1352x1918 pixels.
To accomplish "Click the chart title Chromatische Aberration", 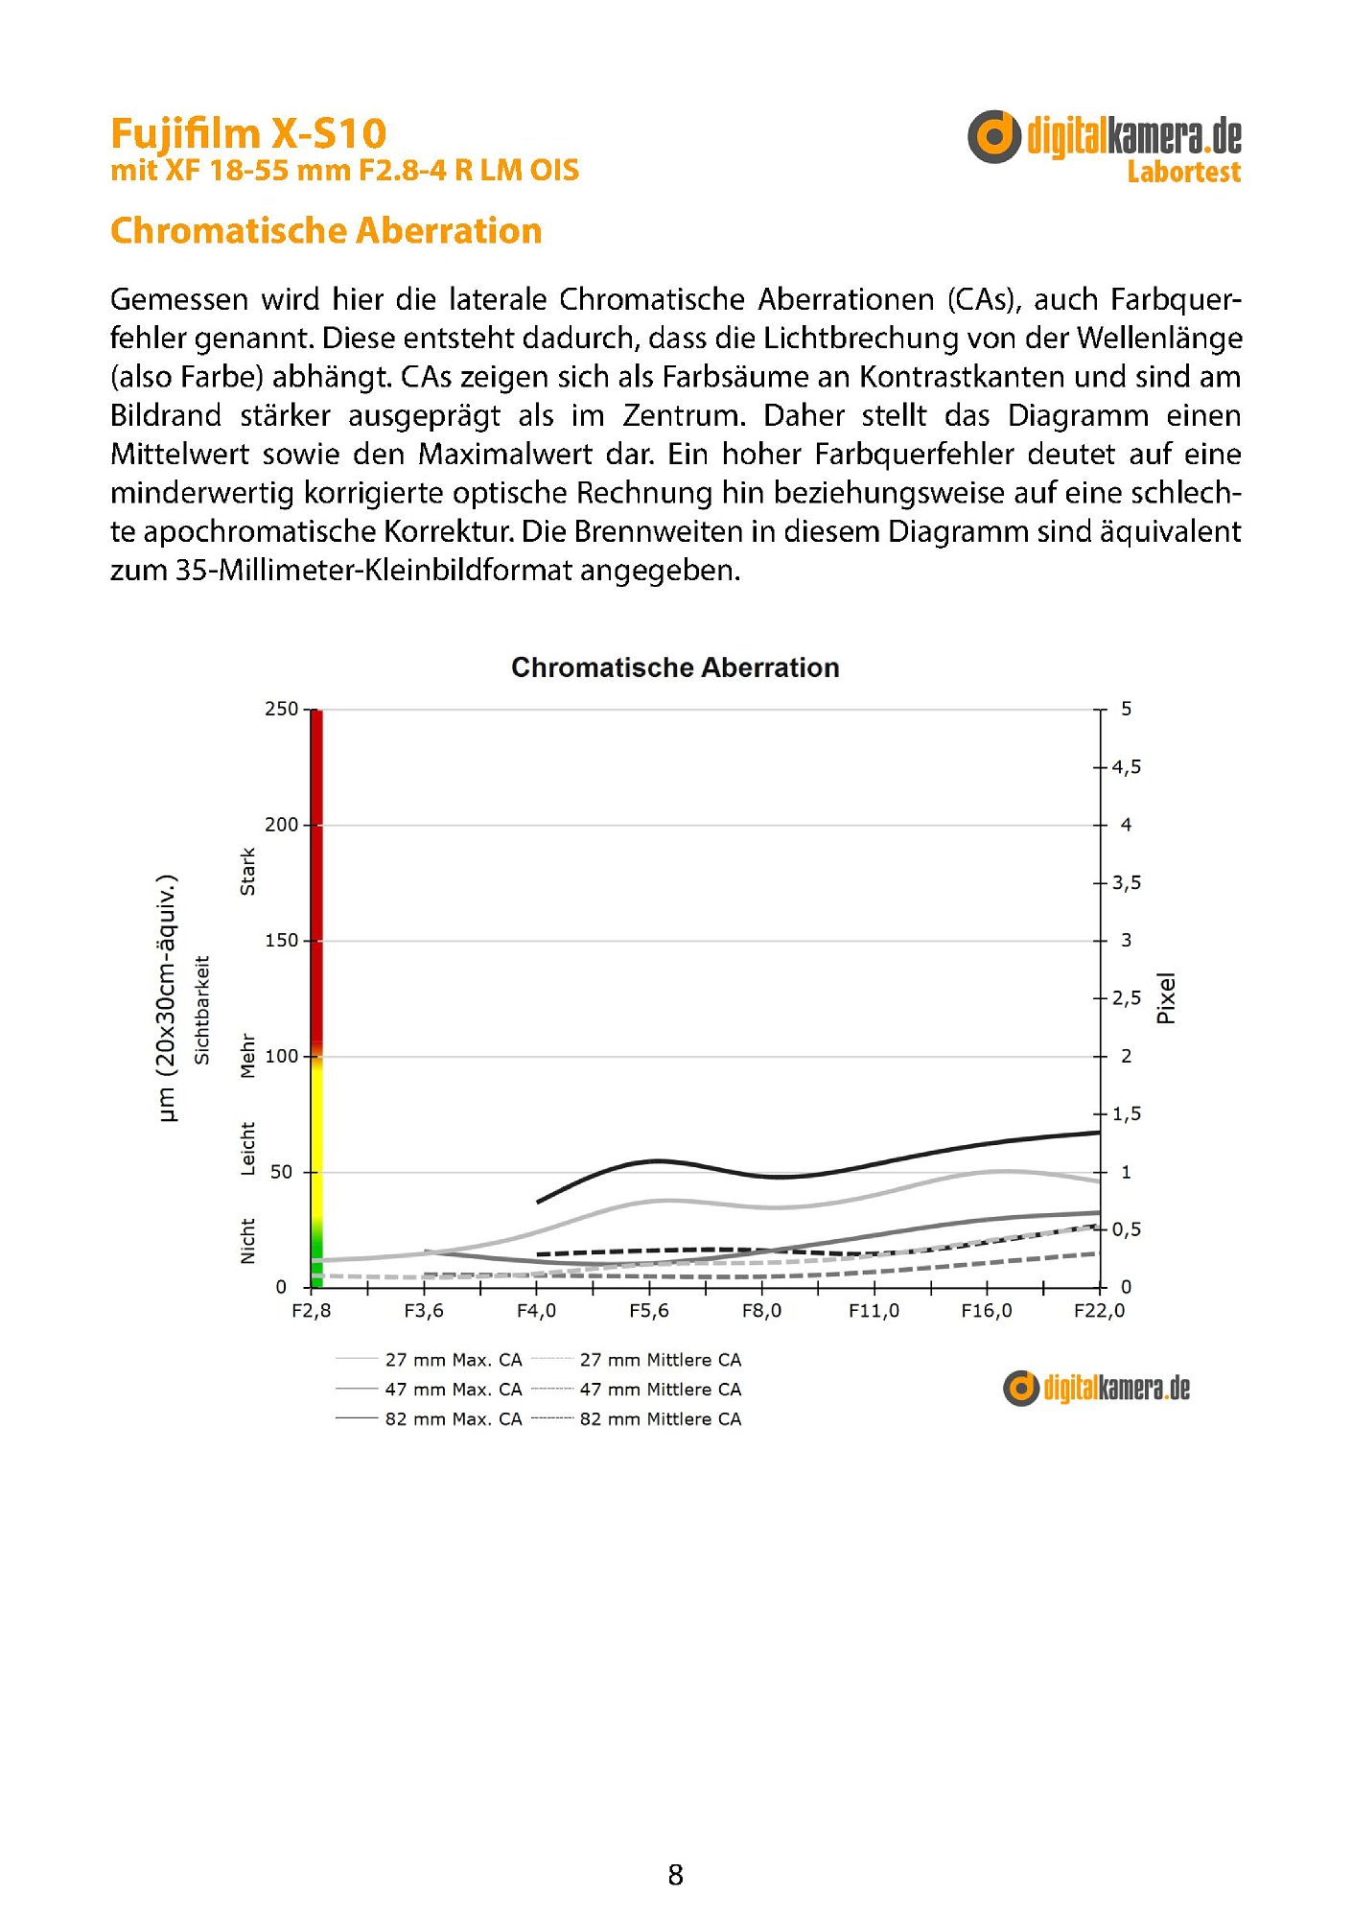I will [x=675, y=667].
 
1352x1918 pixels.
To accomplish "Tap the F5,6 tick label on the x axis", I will [x=649, y=1311].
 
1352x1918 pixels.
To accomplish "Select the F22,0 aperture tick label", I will [x=1099, y=1311].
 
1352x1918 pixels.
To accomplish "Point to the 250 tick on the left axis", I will [x=281, y=710].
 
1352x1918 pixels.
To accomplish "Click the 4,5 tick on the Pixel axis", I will [x=1126, y=767].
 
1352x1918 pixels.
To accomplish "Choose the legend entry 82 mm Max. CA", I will [x=453, y=1419].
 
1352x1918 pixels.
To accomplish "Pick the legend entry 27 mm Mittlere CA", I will [x=660, y=1360].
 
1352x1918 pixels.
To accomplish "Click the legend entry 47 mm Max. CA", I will [x=453, y=1390].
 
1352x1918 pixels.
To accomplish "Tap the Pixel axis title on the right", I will [x=1166, y=998].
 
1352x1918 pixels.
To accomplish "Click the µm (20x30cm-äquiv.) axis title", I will [x=167, y=998].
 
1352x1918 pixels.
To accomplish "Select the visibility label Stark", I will [x=248, y=872].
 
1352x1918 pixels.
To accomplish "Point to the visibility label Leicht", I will [x=248, y=1148].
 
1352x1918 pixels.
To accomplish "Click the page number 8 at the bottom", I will [x=676, y=1876].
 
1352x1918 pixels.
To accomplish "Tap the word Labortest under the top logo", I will [x=1183, y=173].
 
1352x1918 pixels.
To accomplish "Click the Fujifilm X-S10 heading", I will [x=248, y=133].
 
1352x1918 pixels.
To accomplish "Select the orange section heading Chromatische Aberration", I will [x=326, y=231].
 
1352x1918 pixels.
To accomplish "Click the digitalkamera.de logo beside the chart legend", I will [x=1096, y=1389].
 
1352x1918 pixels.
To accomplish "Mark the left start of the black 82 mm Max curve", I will [x=539, y=1202].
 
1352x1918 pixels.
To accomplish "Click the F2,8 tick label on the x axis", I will [x=311, y=1311].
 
